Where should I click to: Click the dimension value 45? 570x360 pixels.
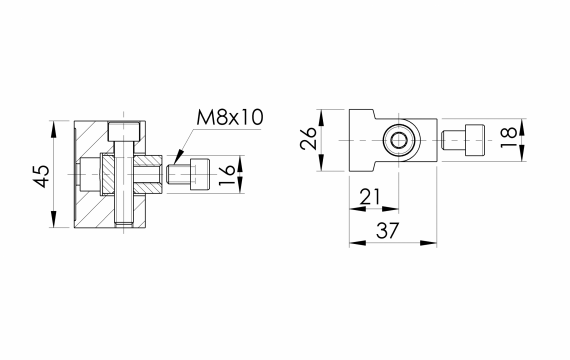(42, 176)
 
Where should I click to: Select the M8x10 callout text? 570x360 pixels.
(230, 117)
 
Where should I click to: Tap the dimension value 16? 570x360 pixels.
(227, 175)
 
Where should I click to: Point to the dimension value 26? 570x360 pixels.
(308, 138)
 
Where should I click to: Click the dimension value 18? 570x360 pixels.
(509, 137)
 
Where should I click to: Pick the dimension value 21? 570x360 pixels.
(370, 197)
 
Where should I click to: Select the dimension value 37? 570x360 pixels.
(388, 230)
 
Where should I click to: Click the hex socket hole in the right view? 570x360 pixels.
(400, 140)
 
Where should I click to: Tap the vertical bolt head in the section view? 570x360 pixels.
(124, 132)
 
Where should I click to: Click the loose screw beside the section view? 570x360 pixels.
(188, 174)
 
